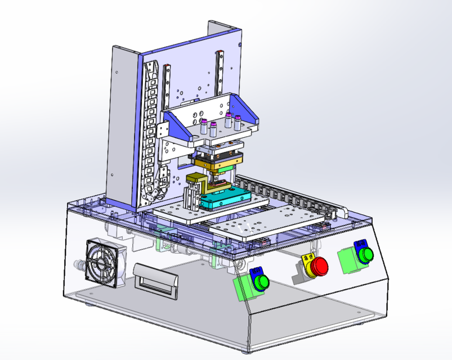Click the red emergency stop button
(x=320, y=266)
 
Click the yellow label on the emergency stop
(x=307, y=258)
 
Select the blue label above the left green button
(x=257, y=271)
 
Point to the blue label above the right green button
(x=359, y=244)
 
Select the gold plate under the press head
(x=217, y=163)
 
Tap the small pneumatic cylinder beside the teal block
(x=191, y=199)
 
